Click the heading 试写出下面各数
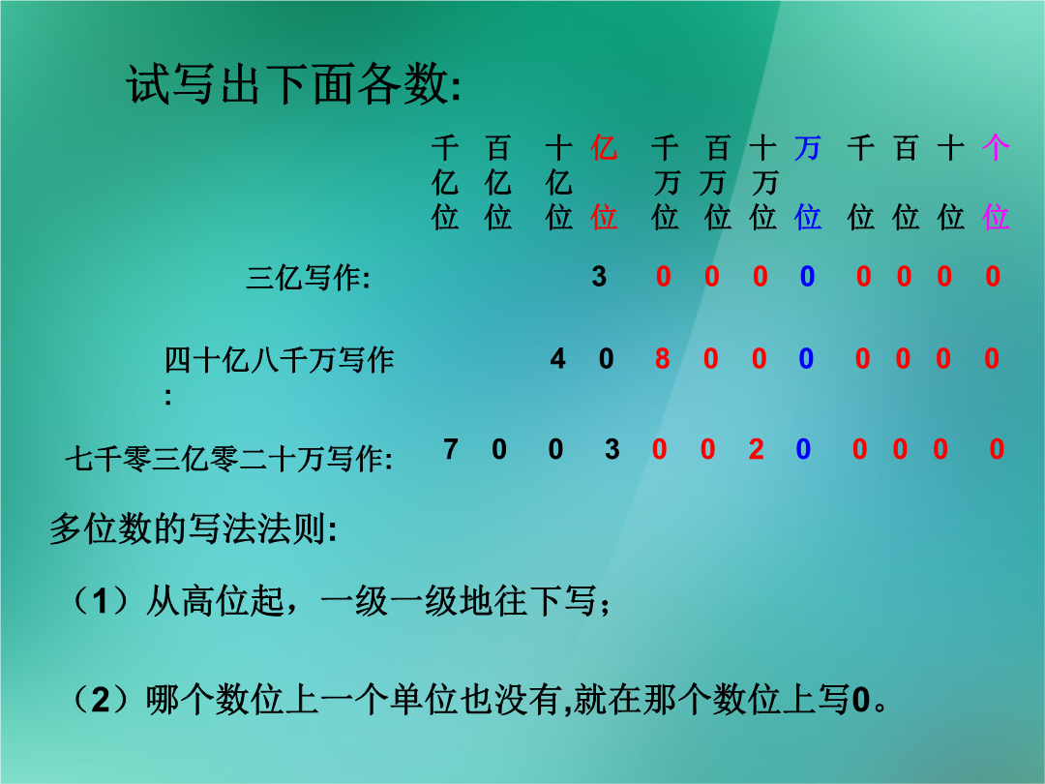[293, 84]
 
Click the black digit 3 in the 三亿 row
[599, 276]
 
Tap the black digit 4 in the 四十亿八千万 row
[558, 359]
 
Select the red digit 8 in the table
[662, 359]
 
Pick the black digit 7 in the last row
[451, 449]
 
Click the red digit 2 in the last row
[756, 449]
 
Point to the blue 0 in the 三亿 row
[807, 276]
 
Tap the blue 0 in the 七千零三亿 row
[803, 449]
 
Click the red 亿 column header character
[604, 147]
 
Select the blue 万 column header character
[807, 147]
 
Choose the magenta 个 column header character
[996, 147]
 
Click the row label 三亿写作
[308, 278]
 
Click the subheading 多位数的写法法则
[194, 529]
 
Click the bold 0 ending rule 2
[861, 701]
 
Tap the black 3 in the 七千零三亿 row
[612, 449]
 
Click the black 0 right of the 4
[606, 359]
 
